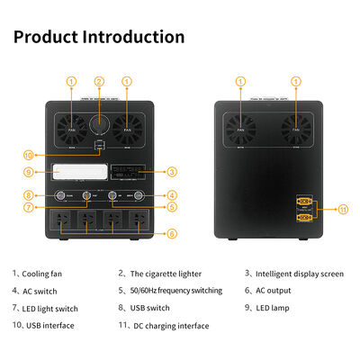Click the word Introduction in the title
[134, 37]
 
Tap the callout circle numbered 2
[100, 82]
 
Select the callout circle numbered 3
[172, 171]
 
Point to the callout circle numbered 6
[172, 233]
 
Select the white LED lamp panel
[73, 171]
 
